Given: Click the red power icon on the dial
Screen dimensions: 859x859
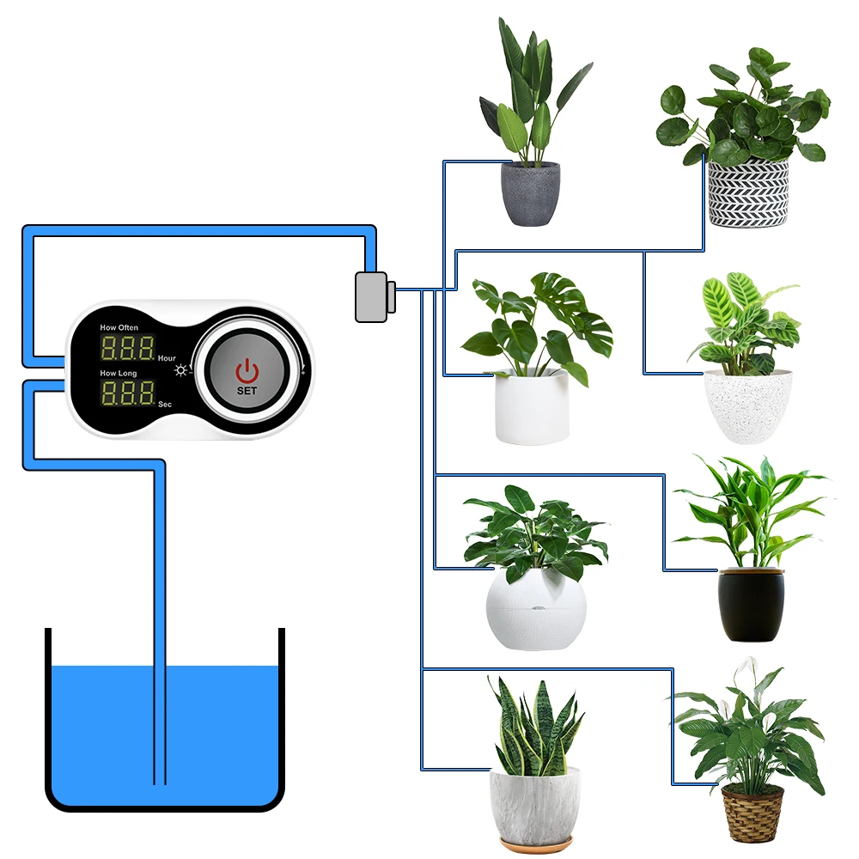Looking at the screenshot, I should pos(247,371).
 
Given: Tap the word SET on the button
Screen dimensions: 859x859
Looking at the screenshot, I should pos(247,391).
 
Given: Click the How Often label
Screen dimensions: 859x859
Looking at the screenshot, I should pos(119,328).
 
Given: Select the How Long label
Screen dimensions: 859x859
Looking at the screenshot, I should pos(118,374).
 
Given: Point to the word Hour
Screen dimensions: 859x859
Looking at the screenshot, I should pos(167,357).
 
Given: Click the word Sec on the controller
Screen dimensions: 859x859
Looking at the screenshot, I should pos(165,402).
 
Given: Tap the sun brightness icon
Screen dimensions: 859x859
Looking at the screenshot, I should pos(181,370).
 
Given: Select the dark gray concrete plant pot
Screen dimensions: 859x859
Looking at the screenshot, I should pos(530,193).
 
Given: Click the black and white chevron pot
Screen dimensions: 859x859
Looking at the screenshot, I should pos(747,193).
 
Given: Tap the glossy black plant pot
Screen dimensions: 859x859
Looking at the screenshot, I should pos(751,605).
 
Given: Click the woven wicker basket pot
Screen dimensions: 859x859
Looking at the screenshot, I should pos(752,813).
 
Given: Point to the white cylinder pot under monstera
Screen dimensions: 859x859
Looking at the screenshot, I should pos(533,409).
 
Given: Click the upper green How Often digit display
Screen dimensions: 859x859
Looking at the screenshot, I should pos(127,348).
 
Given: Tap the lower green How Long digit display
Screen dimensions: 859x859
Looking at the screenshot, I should pos(127,393).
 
